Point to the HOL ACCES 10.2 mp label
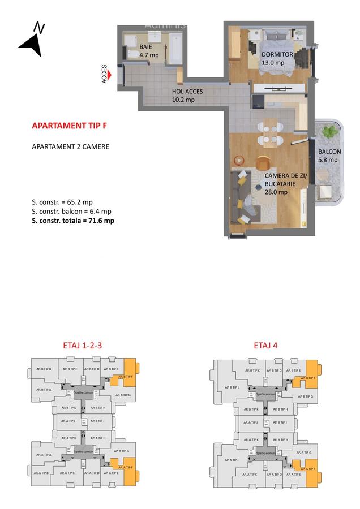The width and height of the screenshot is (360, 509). click(x=187, y=96)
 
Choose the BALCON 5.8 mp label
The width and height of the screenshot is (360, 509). click(x=328, y=156)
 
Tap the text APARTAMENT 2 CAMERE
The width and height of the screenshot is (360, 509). click(x=70, y=146)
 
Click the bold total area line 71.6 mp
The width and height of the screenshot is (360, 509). click(x=73, y=221)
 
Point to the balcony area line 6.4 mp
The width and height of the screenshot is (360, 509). click(x=71, y=211)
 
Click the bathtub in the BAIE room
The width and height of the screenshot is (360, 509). click(x=175, y=50)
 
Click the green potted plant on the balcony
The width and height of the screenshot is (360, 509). click(x=328, y=132)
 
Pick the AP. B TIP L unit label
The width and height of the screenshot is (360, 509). click(x=231, y=387)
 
